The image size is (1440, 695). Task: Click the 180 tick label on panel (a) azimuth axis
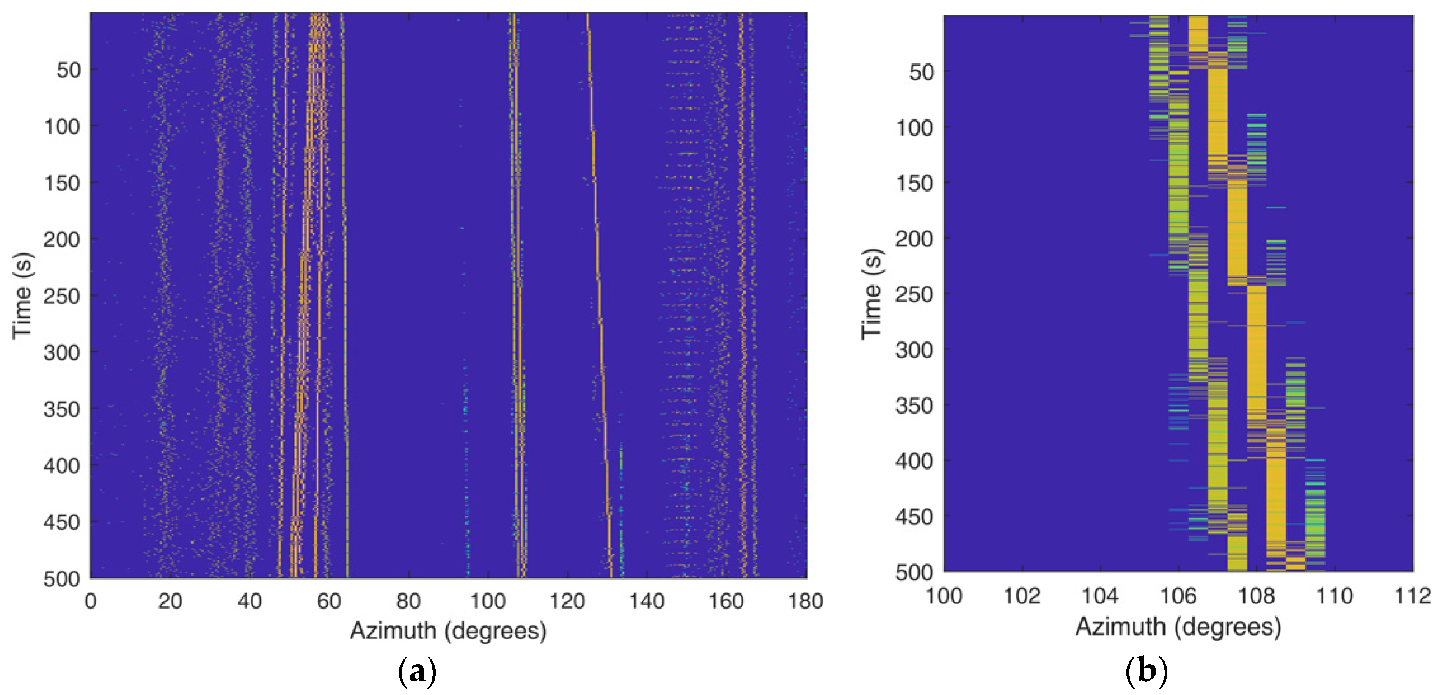tap(806, 602)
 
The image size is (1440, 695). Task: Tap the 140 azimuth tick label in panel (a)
tap(647, 602)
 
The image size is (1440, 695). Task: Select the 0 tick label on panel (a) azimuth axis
tap(91, 602)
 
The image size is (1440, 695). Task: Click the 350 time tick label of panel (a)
tap(61, 409)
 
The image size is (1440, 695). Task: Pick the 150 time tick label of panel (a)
tap(61, 183)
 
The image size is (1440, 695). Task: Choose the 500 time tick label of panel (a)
tap(61, 579)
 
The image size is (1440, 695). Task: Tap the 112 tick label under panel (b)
tap(1412, 596)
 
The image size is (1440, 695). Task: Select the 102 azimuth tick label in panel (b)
tap(1022, 596)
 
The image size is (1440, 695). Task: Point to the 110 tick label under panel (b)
tap(1334, 596)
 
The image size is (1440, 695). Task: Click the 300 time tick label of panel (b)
tap(914, 350)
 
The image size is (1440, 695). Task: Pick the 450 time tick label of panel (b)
tap(914, 517)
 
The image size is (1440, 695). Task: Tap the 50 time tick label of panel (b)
tap(921, 72)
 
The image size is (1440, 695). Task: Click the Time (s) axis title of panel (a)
tap(22, 296)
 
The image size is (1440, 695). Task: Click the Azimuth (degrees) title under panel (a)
tap(448, 631)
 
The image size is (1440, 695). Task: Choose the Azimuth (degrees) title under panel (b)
tap(1178, 627)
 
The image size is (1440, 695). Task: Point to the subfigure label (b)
tap(1146, 671)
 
